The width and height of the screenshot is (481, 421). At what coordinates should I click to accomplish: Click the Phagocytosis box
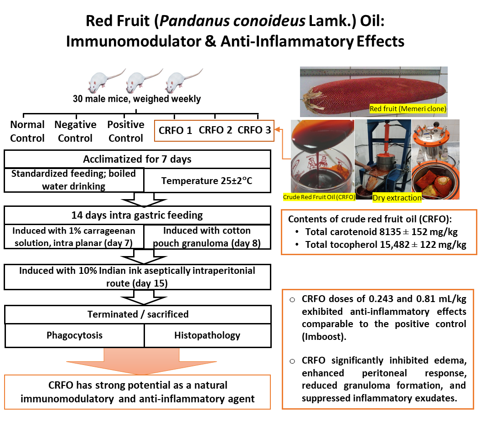coord(74,335)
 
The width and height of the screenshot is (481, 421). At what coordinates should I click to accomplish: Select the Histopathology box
coord(207,335)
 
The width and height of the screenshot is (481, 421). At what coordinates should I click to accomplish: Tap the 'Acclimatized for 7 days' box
coord(137,159)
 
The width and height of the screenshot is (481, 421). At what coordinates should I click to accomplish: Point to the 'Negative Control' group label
coord(75,131)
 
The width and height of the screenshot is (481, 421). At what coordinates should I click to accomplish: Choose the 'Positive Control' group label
coord(126,131)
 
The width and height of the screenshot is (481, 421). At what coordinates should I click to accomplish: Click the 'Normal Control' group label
coord(27,131)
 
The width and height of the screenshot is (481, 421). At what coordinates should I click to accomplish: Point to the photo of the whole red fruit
coord(374,91)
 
